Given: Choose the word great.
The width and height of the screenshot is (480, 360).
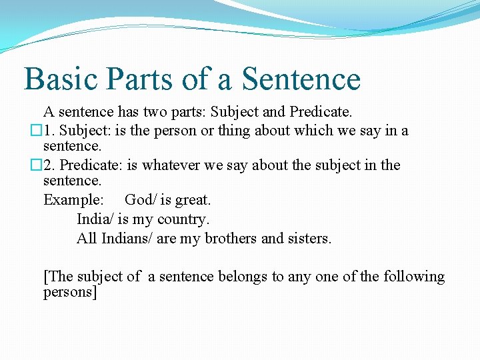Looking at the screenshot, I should pyautogui.click(x=193, y=199).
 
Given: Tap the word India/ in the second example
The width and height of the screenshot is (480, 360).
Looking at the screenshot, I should pyautogui.click(x=95, y=219).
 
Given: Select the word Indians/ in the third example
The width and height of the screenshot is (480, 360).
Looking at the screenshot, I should pyautogui.click(x=127, y=238).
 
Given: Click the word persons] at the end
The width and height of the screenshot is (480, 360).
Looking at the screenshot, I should pyautogui.click(x=70, y=293).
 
